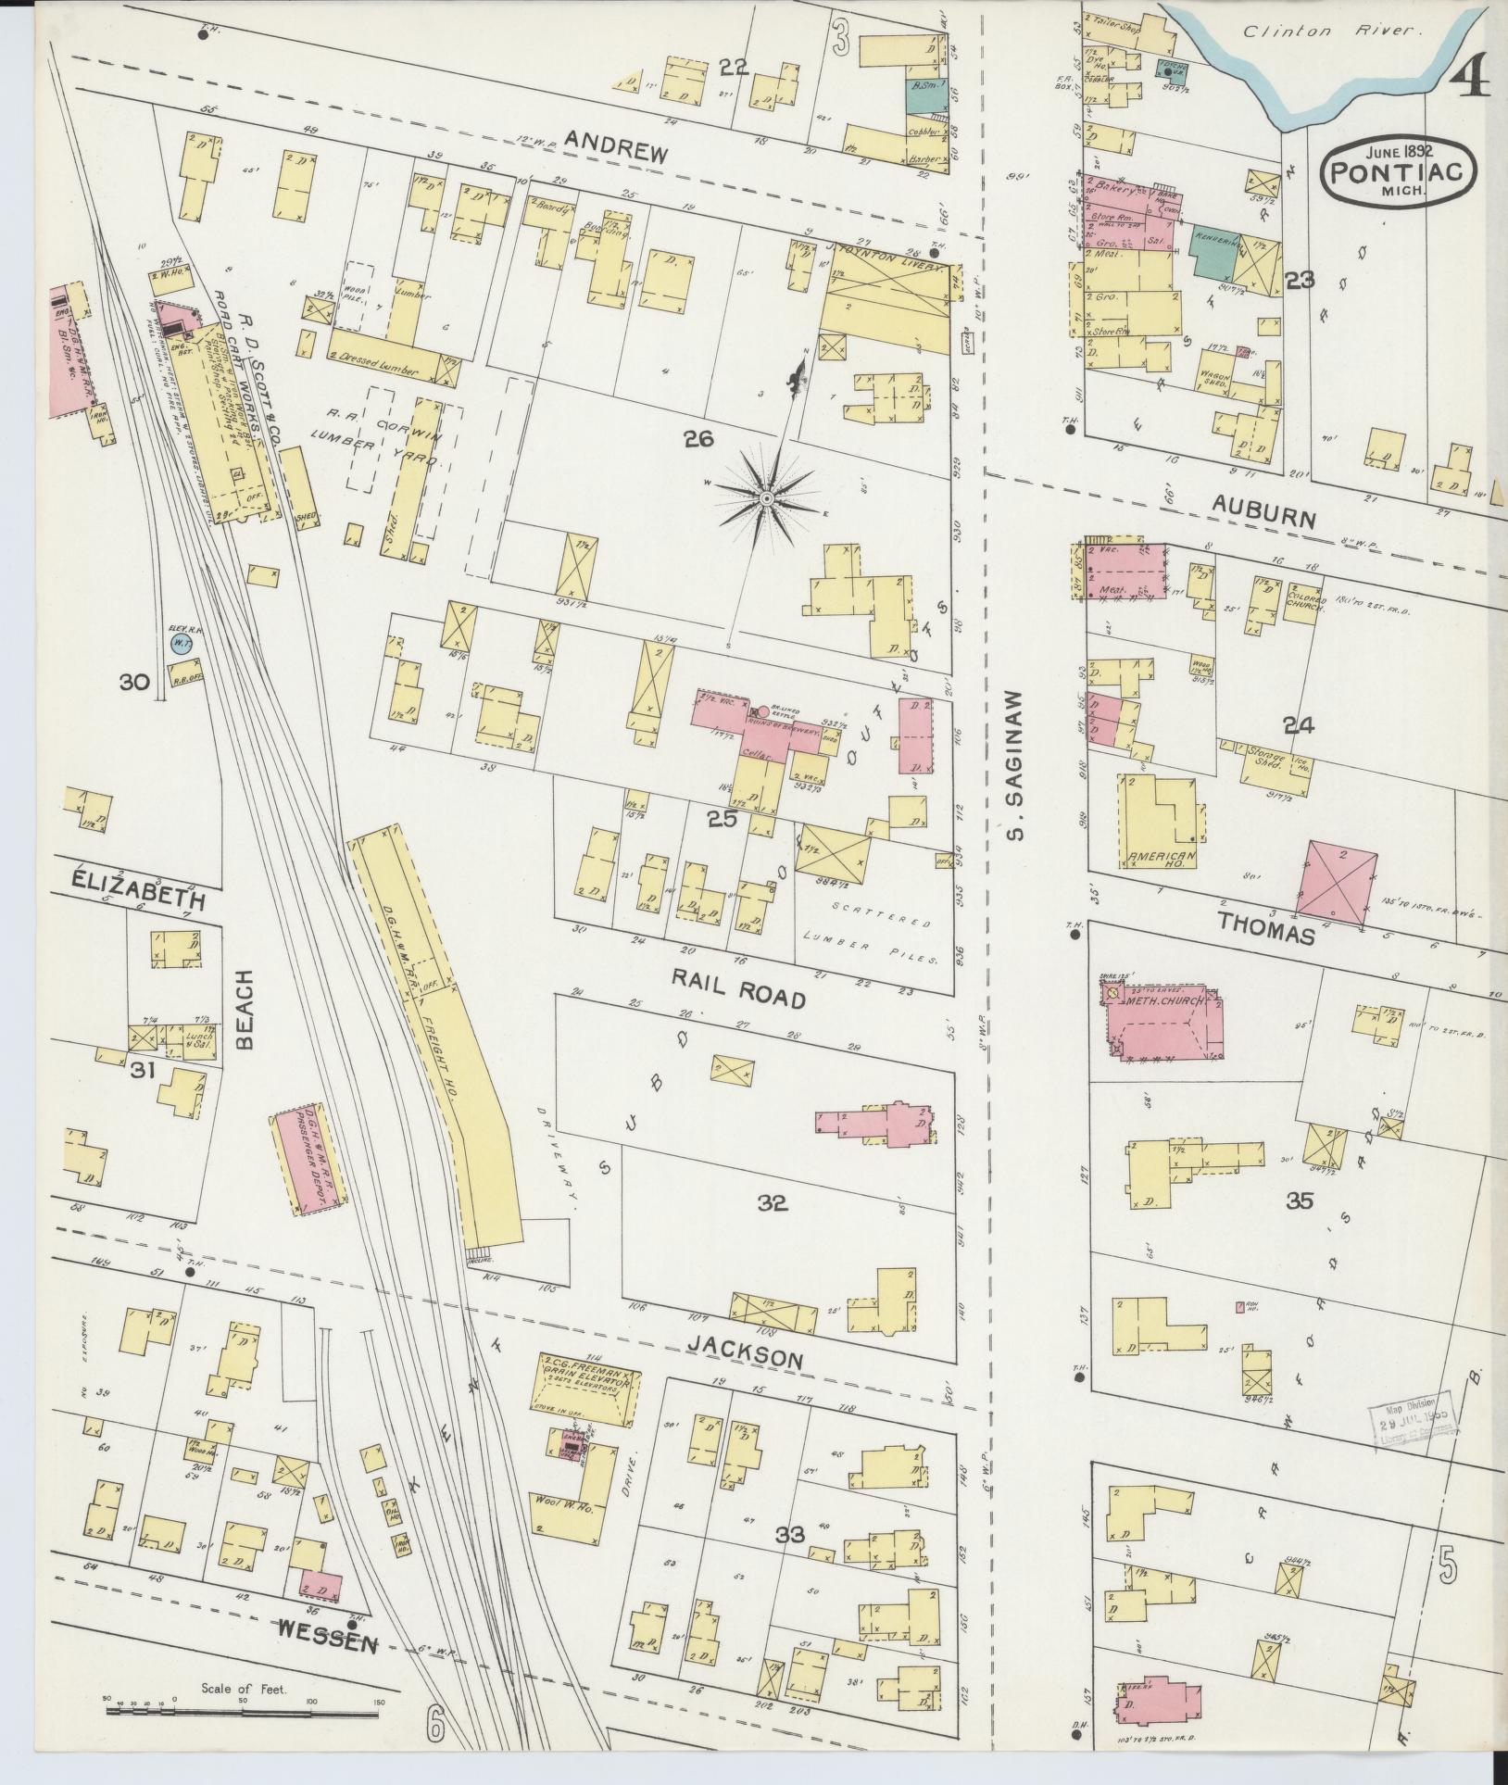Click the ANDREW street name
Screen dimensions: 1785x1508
click(616, 146)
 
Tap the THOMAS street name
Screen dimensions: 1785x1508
click(1265, 927)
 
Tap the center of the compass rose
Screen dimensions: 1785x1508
click(766, 499)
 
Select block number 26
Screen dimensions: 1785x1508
click(698, 440)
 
